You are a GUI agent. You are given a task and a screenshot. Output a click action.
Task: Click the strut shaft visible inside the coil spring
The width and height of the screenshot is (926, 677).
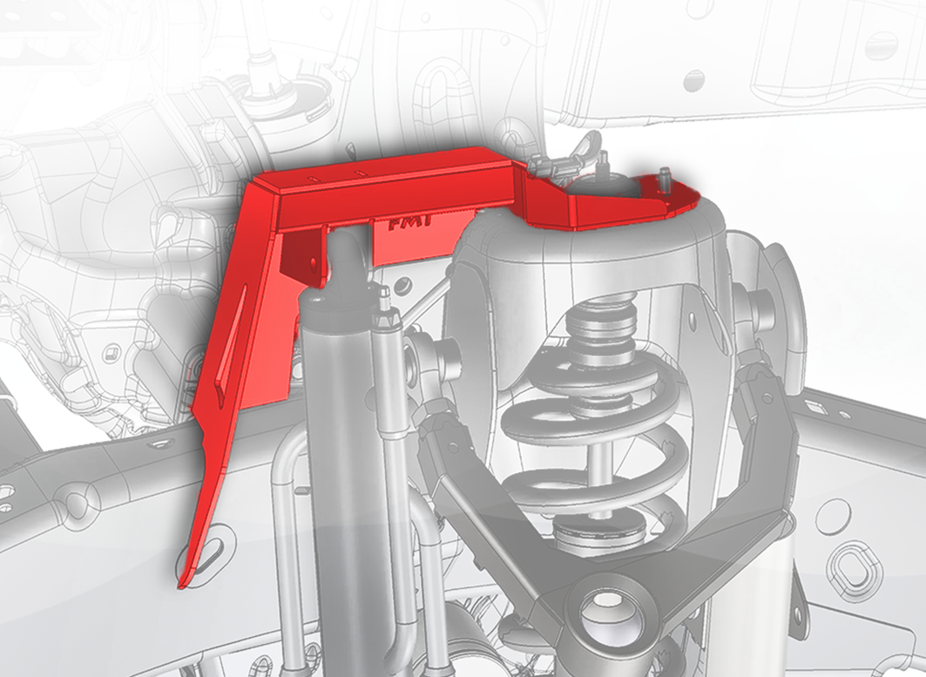click(x=600, y=457)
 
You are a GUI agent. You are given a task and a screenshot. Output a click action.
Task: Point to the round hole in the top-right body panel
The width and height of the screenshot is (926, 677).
click(x=694, y=81)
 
